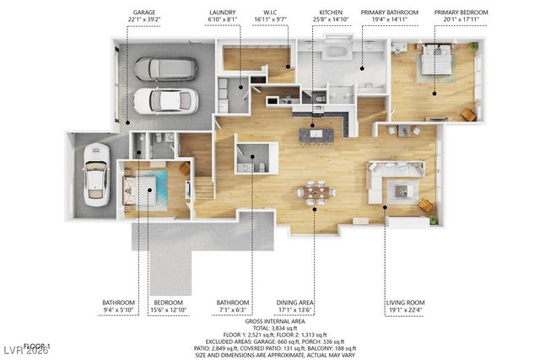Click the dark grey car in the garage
165,68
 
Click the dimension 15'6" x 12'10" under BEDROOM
169,309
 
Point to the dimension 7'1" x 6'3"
233,309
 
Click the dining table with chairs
316,192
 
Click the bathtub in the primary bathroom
336,51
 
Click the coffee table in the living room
402,191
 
